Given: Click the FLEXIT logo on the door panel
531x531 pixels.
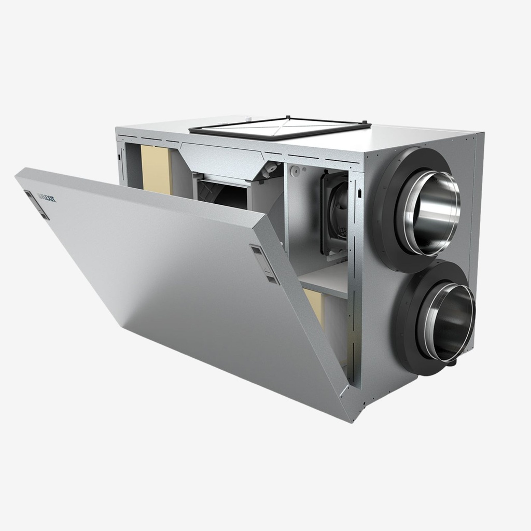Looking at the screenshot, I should point(48,197).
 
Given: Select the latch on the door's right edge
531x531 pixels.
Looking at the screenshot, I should point(264,264).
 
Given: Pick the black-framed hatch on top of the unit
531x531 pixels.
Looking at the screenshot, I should point(280,127).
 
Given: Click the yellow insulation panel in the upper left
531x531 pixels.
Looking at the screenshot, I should point(156,169).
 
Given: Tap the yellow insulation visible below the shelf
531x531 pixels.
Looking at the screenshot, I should point(314,306).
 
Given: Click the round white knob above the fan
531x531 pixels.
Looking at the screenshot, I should point(296,170).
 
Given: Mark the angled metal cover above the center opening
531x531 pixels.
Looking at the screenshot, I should point(223,161).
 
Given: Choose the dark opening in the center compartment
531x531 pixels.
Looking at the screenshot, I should point(223,194).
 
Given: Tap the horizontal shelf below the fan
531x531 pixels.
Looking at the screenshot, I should point(324,280).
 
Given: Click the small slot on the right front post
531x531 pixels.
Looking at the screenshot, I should point(358,193).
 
